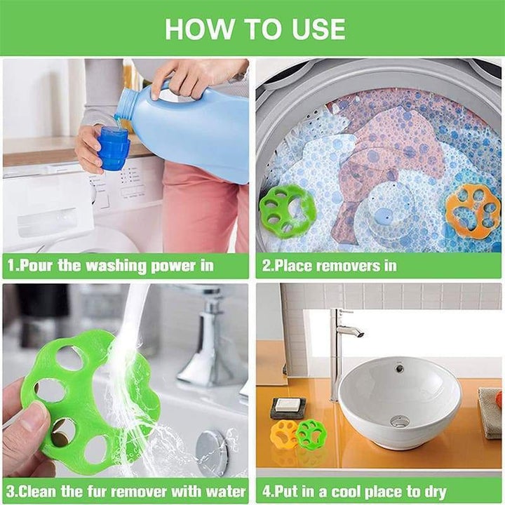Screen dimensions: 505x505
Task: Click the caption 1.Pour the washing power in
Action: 111,266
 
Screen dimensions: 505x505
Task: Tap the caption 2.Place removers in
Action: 329,266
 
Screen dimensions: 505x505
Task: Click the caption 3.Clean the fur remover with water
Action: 126,490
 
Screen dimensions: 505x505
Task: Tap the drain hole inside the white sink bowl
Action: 399,421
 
